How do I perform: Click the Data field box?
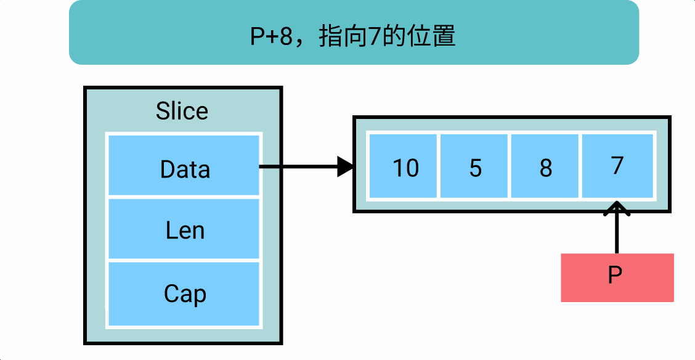tap(184, 165)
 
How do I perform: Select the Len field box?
tap(184, 229)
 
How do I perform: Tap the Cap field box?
tap(184, 294)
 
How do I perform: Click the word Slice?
tap(182, 112)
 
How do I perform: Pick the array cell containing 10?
tap(402, 166)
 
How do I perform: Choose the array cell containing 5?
tap(474, 166)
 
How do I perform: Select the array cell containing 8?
tap(546, 166)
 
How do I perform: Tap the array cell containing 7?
tap(617, 166)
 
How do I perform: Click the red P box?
tap(617, 277)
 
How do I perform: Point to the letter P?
tap(615, 276)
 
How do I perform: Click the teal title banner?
tap(354, 32)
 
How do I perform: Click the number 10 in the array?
tap(405, 168)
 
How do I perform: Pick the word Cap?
tap(184, 294)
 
